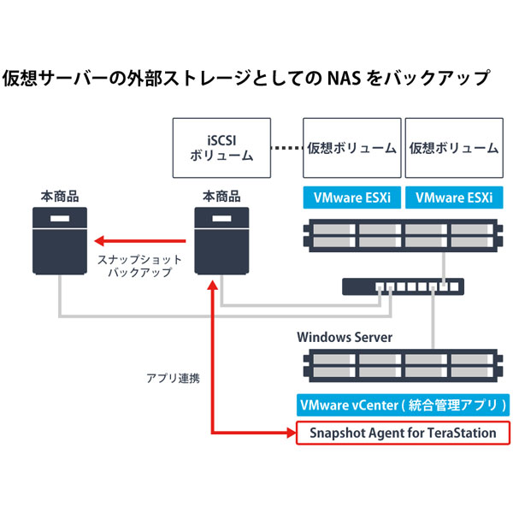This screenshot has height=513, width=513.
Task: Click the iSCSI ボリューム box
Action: point(221,147)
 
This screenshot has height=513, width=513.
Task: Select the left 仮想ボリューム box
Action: point(351,147)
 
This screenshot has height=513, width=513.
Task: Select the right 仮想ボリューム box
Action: point(453,147)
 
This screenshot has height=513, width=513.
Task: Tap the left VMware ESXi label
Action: point(351,198)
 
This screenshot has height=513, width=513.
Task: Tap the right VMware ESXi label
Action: point(453,198)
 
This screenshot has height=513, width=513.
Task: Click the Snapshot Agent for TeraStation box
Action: point(401,433)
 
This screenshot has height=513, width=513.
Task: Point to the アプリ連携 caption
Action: point(174,377)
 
